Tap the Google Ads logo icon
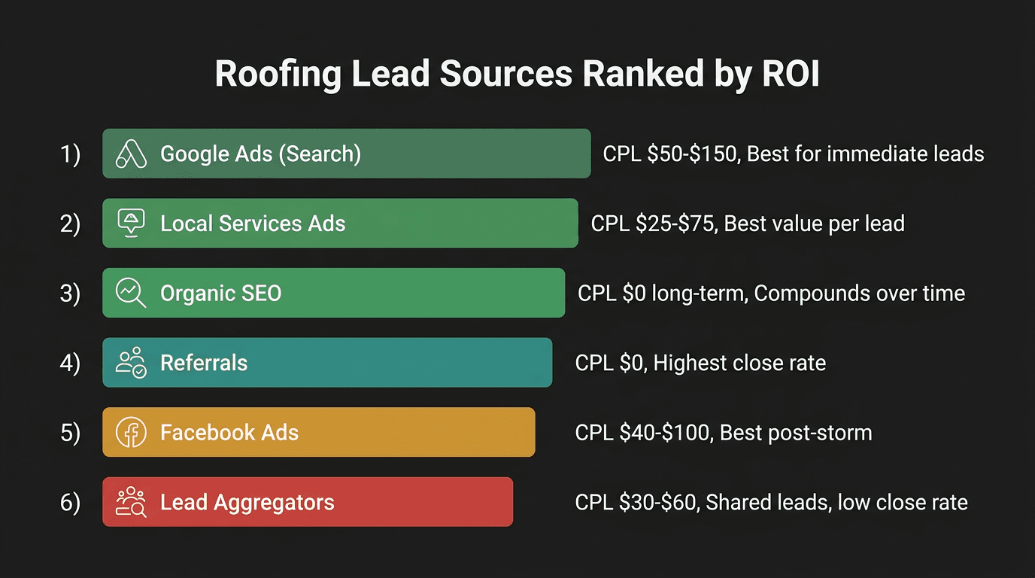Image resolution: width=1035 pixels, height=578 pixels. [130, 154]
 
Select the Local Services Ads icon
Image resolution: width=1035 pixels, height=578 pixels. [130, 224]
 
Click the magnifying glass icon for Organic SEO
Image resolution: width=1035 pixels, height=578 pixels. [130, 293]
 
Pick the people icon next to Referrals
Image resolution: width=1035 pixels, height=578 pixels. [130, 363]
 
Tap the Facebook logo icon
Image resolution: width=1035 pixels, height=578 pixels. [130, 433]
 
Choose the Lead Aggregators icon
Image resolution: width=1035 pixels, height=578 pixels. [130, 502]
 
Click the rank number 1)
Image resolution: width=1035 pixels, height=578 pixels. [70, 154]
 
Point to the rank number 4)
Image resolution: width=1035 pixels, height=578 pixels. [70, 363]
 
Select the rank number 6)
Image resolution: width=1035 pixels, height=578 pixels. [70, 502]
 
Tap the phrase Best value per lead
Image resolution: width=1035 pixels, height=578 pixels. [814, 224]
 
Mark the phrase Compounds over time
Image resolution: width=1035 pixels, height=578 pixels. [859, 293]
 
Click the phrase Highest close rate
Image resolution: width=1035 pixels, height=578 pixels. [739, 363]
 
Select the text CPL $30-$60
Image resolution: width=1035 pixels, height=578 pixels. [636, 502]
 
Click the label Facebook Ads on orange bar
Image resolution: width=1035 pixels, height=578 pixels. [229, 433]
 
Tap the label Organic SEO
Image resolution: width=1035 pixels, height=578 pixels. [220, 293]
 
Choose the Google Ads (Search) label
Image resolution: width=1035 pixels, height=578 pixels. [260, 154]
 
